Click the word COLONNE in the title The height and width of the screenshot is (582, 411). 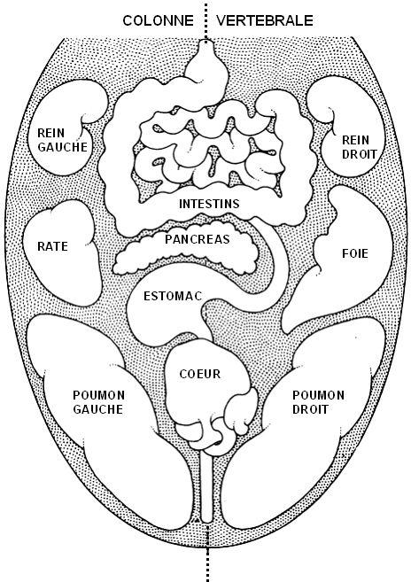159,20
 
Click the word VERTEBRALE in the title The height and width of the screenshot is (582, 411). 265,20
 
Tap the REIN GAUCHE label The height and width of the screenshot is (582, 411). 62,140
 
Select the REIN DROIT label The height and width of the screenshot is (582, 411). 360,147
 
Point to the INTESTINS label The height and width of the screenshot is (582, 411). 209,204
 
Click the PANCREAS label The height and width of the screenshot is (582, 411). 198,239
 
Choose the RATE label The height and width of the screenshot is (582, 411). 53,246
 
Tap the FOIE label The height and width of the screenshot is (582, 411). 355,253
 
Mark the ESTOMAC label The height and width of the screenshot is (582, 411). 173,296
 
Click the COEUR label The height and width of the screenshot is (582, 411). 200,374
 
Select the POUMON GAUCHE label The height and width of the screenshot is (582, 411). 98,402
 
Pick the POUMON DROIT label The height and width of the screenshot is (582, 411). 318,402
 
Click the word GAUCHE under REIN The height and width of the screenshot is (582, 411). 62,147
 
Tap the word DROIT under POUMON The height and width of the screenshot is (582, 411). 310,409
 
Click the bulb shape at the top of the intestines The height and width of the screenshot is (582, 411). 206,63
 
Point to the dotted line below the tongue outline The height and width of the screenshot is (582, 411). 207,564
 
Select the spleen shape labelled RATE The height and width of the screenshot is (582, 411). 62,253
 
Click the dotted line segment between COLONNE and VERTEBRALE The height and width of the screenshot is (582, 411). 205,20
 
